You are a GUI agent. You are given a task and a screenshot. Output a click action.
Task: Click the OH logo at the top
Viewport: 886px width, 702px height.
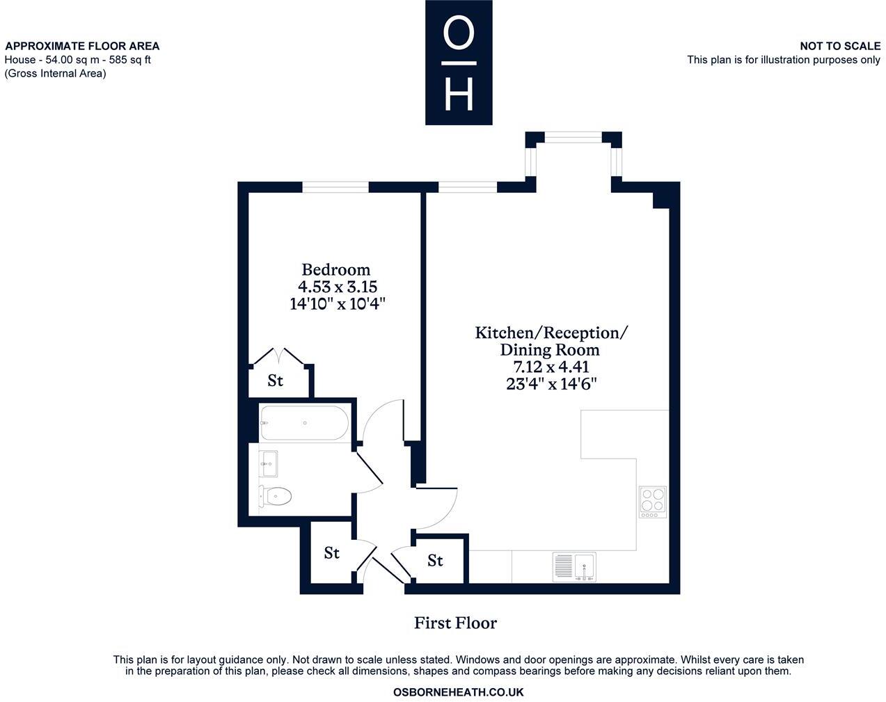459,63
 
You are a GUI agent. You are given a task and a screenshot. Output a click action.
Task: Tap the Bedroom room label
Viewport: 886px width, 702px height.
336,269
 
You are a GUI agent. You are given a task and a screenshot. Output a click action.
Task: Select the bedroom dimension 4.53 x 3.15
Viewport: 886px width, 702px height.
338,287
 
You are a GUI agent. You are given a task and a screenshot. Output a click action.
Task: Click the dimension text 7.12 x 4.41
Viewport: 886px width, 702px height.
551,367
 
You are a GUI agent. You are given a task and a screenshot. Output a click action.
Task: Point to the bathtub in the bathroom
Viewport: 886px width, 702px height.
304,423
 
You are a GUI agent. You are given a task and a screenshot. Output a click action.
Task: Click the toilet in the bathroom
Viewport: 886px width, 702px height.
276,496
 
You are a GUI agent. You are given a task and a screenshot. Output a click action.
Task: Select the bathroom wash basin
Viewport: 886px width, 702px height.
269,463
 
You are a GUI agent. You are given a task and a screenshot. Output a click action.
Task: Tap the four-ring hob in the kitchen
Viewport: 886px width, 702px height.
653,501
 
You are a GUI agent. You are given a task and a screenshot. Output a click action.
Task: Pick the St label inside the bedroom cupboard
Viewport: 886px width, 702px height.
276,381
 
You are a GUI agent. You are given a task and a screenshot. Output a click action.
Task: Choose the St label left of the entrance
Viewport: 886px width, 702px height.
331,553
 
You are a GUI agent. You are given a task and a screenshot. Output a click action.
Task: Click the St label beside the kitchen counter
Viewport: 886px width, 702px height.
435,560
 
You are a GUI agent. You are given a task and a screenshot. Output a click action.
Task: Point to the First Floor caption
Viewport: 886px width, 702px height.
455,623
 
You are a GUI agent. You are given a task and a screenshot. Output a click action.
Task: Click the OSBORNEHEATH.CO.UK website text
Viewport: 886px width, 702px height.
458,692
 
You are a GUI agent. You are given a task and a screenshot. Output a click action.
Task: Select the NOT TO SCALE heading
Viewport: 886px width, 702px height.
839,46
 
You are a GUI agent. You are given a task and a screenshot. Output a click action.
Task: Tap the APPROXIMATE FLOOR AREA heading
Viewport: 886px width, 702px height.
82,46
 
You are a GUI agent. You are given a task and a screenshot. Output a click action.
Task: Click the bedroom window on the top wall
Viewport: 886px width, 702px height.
335,186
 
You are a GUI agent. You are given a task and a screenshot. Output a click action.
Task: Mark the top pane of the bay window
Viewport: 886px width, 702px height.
573,137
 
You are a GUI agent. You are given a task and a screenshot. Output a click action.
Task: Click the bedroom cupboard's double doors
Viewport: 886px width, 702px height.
279,356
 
